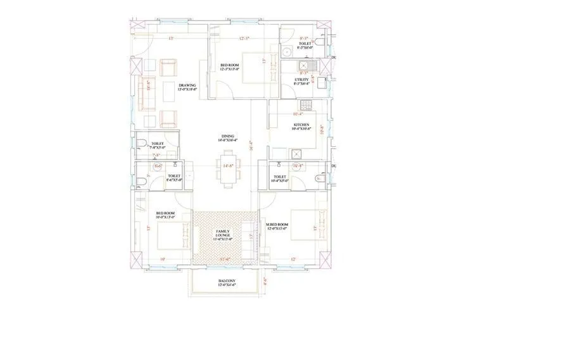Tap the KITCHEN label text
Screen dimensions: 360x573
tap(301, 126)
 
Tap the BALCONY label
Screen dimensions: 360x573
tap(227, 282)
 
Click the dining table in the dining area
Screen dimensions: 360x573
tap(228, 168)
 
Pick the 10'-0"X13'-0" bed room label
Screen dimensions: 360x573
tap(166, 215)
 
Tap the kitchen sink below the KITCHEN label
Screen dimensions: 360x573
tap(295, 153)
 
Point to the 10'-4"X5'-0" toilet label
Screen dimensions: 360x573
tap(279, 178)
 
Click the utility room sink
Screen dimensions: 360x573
tap(305, 64)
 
